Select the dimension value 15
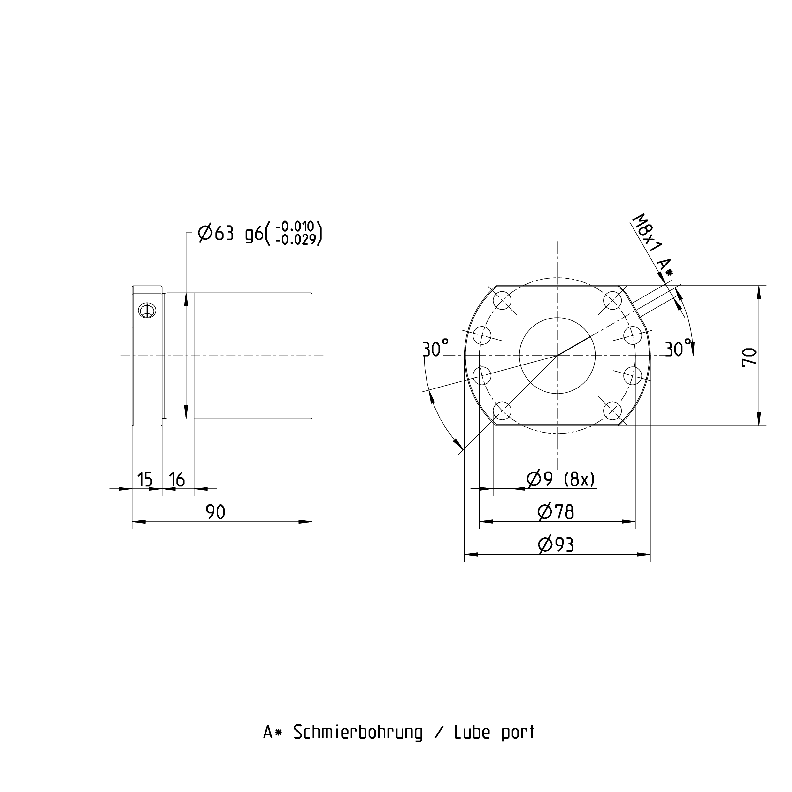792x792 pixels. click(x=145, y=479)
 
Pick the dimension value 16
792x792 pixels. click(x=177, y=479)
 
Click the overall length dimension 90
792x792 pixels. click(x=216, y=512)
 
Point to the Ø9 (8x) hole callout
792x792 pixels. click(x=560, y=479)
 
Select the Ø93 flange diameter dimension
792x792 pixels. click(x=556, y=544)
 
